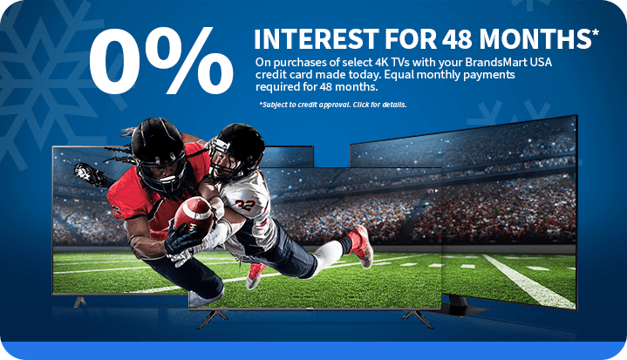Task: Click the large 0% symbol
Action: pyautogui.click(x=160, y=60)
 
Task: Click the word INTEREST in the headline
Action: pyautogui.click(x=316, y=38)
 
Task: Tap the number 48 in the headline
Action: pyautogui.click(x=458, y=38)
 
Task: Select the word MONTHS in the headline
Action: pyautogui.click(x=535, y=38)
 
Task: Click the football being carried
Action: pyautogui.click(x=194, y=217)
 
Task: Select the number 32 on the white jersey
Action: pyautogui.click(x=245, y=205)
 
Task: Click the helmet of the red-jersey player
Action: pyautogui.click(x=159, y=153)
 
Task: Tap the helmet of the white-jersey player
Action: pyautogui.click(x=236, y=151)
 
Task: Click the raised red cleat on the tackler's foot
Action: pyautogui.click(x=361, y=246)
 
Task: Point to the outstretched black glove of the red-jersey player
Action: pyautogui.click(x=89, y=173)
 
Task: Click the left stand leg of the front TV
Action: pyautogui.click(x=212, y=318)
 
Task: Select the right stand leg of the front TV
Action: pyautogui.click(x=418, y=319)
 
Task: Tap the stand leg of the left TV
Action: pyautogui.click(x=79, y=302)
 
